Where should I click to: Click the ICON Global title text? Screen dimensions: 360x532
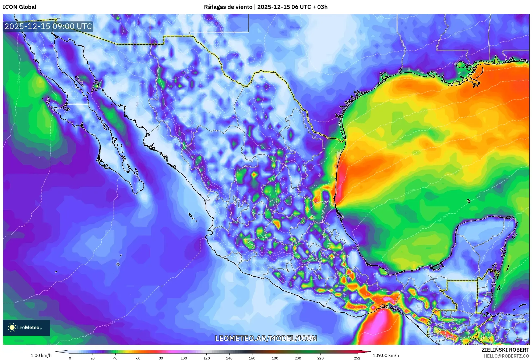pos(19,7)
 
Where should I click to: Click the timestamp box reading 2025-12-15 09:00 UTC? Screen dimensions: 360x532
pos(48,26)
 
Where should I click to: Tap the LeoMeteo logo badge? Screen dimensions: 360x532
pos(26,327)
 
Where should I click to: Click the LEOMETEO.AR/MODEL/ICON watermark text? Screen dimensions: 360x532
pos(266,338)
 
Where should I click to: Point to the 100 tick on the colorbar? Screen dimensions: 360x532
pos(184,358)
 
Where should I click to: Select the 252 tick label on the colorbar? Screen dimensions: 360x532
pos(357,358)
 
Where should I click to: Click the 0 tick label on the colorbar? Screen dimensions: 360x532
pos(70,358)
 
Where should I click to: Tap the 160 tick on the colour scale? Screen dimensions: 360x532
pos(252,358)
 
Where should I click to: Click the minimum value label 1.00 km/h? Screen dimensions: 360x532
pos(41,355)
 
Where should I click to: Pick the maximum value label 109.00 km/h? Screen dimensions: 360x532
pos(386,355)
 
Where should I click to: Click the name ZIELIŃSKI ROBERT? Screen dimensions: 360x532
pos(505,350)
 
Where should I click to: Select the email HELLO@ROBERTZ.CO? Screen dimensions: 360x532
pos(506,356)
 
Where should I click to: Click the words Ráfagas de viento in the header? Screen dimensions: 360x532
pos(228,7)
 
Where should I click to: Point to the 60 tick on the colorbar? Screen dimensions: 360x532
pos(138,358)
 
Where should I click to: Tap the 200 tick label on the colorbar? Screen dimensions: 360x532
pos(298,358)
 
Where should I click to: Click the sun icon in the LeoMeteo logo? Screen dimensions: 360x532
pos(12,327)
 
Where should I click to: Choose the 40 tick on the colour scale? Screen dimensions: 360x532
pos(115,358)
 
